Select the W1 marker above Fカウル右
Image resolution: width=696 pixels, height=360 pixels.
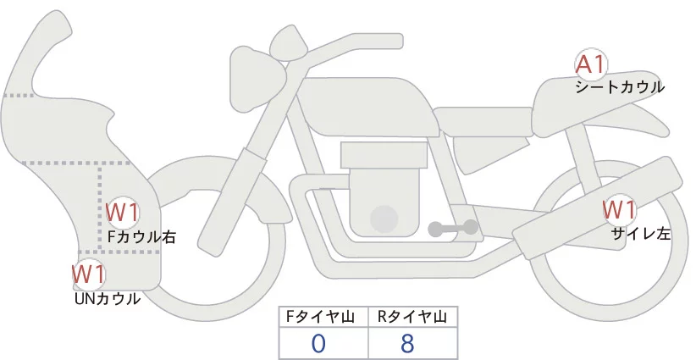[123, 212]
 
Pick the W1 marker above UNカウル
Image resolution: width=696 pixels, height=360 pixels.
[88, 274]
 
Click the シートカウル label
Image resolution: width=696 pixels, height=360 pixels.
[619, 86]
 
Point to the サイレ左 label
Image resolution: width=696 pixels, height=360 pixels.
[640, 234]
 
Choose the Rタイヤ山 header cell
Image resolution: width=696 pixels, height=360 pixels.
[412, 318]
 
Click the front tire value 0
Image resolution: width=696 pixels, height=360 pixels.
[319, 343]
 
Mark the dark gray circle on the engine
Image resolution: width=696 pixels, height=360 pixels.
[385, 219]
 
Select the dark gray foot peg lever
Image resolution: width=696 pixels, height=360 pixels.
[452, 228]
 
